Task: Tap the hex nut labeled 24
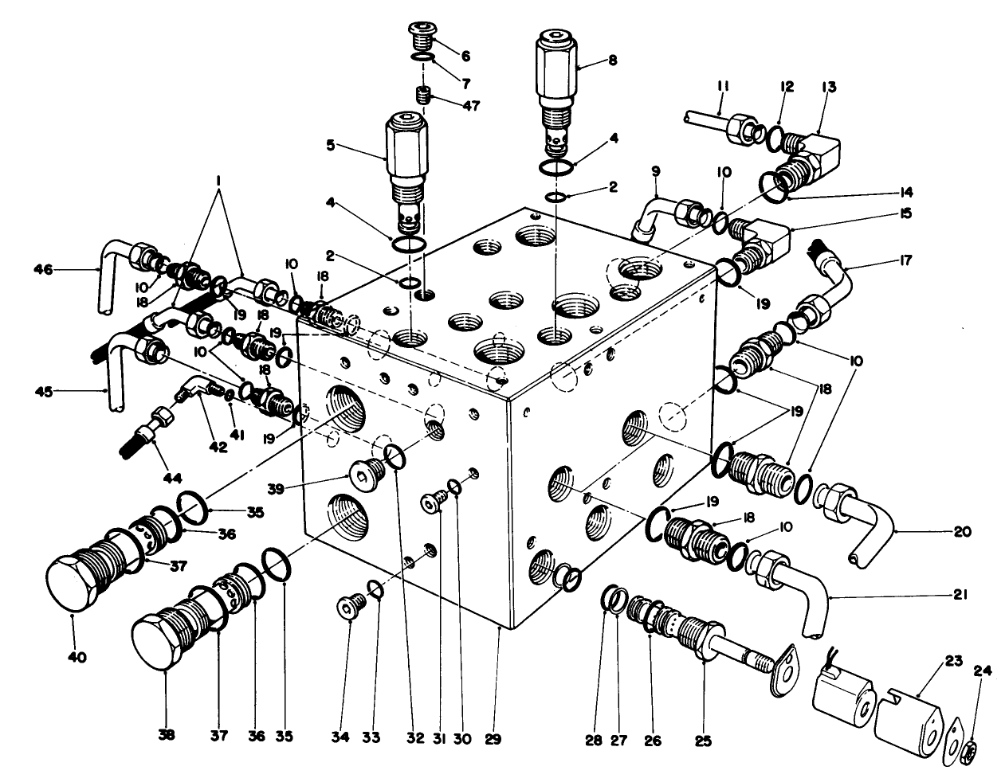coord(970,749)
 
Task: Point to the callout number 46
coord(43,271)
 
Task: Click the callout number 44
coord(172,478)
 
